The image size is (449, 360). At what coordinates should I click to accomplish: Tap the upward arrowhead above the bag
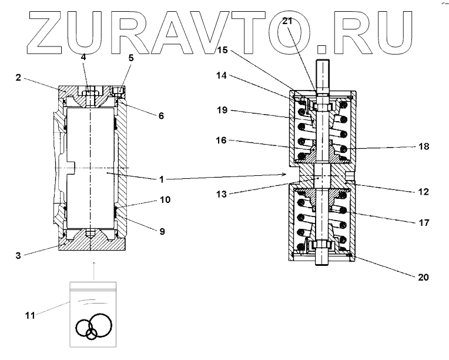[93, 265]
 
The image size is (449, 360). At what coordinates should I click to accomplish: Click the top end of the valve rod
[324, 62]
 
